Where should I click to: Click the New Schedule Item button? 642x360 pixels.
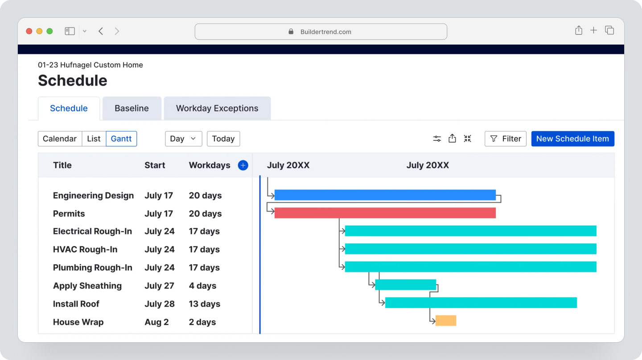coord(572,139)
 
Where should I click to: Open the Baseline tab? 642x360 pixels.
coord(132,108)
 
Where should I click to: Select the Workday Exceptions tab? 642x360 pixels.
coord(217,108)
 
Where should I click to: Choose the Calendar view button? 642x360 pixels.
coord(60,139)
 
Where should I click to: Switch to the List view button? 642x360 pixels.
coord(94,139)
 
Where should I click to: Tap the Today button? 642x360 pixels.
coord(223,139)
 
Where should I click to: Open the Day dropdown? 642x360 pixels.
coord(183,139)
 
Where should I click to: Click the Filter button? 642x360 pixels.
coord(505,139)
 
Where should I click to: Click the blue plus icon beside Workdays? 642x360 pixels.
coord(243,165)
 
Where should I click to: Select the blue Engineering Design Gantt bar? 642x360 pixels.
coord(385,195)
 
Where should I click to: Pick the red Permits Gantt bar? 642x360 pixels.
coord(385,213)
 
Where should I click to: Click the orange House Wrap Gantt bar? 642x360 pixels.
coord(446,320)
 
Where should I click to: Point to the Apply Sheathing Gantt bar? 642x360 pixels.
coord(405,285)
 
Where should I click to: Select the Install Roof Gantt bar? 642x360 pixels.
coord(481,303)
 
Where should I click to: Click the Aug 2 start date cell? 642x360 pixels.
coord(156,322)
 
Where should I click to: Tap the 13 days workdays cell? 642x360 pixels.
coord(204,304)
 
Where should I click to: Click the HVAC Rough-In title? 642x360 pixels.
coord(85,250)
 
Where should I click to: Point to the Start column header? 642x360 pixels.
coord(155,165)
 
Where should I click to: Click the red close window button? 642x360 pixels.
coord(29,31)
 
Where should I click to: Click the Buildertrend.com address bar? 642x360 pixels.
coord(321,32)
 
